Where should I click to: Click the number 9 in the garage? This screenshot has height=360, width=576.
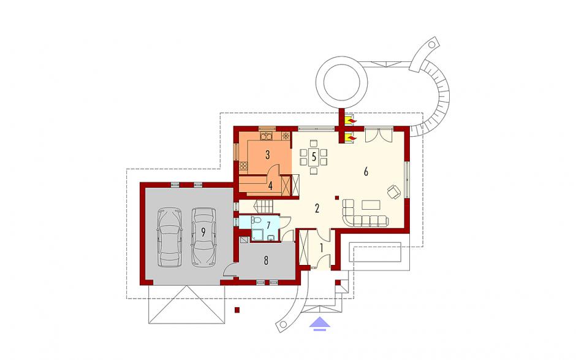click(x=203, y=232)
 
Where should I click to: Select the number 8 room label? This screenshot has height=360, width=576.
click(x=266, y=261)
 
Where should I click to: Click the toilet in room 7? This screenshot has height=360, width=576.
click(x=256, y=220)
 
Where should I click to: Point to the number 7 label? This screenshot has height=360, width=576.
click(x=268, y=224)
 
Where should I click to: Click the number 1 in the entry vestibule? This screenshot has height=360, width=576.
click(x=322, y=248)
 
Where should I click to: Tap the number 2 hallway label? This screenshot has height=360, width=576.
click(x=317, y=209)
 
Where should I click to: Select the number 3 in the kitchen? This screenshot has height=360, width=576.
click(x=268, y=155)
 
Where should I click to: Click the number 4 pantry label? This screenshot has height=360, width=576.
click(x=270, y=186)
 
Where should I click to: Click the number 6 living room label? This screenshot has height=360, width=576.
click(x=365, y=171)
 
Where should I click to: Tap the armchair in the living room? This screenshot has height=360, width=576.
click(x=394, y=191)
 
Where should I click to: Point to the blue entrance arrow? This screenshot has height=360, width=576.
click(x=320, y=323)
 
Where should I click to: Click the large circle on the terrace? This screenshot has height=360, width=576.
click(x=342, y=82)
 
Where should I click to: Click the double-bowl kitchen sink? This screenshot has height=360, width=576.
click(x=266, y=136)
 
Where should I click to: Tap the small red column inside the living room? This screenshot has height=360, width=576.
click(x=336, y=198)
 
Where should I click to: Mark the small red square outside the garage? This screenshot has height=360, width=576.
click(x=238, y=310)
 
